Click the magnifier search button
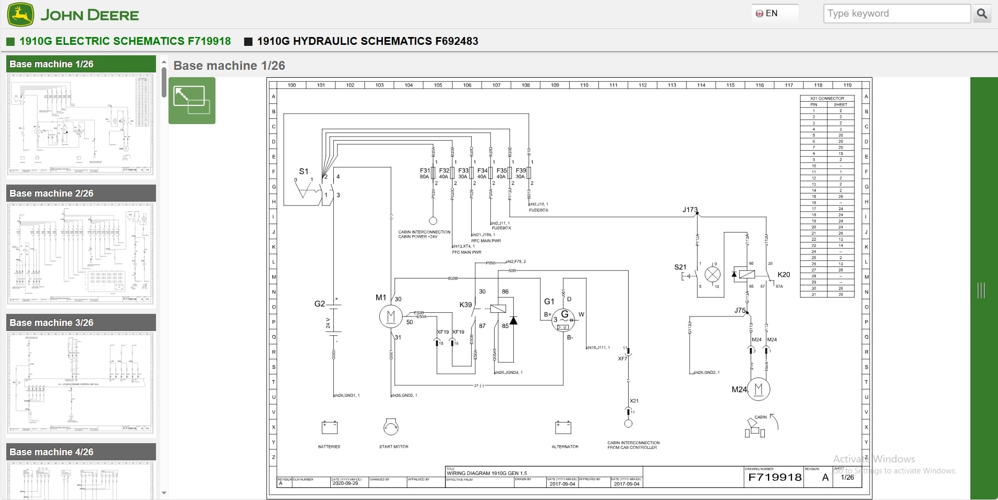click(x=982, y=14)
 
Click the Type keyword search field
click(x=896, y=14)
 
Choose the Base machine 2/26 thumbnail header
click(x=81, y=193)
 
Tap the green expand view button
click(x=191, y=101)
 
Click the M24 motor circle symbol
click(x=759, y=389)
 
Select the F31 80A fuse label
click(x=425, y=173)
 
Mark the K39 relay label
click(x=465, y=304)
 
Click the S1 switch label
click(x=304, y=171)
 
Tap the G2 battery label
click(x=319, y=303)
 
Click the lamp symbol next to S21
click(x=713, y=274)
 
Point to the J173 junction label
click(x=689, y=210)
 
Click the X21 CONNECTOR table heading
click(x=827, y=98)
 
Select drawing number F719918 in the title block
click(x=774, y=477)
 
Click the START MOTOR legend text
click(x=393, y=447)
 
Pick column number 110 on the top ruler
click(x=584, y=85)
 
